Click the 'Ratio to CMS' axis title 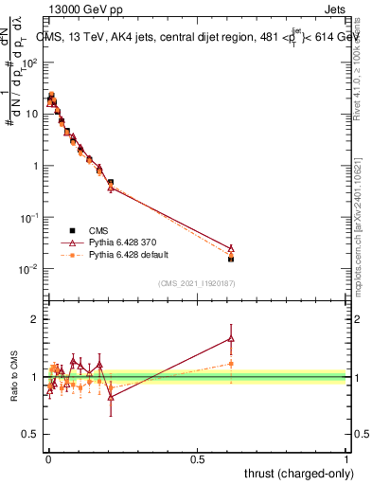[13, 376]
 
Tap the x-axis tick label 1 [346, 459]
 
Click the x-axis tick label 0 [47, 459]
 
